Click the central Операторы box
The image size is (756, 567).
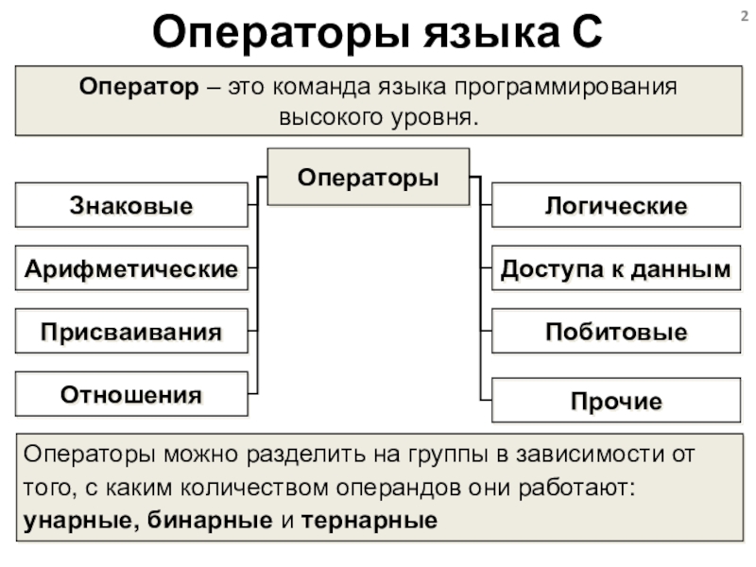click(x=369, y=177)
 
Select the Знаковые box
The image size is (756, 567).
click(x=131, y=206)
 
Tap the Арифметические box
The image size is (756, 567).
click(x=131, y=269)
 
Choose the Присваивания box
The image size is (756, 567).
click(x=131, y=333)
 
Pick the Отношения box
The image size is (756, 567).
click(x=131, y=394)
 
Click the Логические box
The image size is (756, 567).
click(x=615, y=206)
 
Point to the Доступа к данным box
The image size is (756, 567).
click(x=615, y=269)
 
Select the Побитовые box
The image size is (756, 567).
click(x=615, y=333)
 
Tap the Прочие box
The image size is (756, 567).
click(x=615, y=402)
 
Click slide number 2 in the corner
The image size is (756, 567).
click(x=742, y=13)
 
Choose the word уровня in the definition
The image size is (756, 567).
click(x=429, y=119)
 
